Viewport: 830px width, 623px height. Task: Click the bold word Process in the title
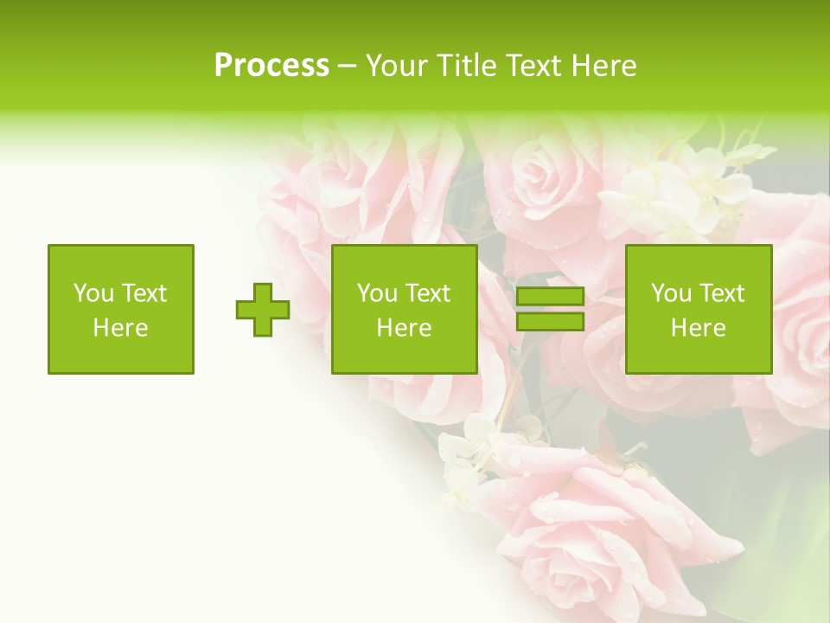(271, 66)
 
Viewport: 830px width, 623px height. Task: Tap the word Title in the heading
(467, 66)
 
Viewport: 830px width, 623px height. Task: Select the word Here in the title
(605, 66)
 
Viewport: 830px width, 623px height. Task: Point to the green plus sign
(263, 310)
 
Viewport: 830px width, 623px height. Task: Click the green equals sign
(550, 310)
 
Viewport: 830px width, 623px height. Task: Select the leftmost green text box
(121, 310)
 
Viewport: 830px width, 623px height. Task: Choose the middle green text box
(405, 310)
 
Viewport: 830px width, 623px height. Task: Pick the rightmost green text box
(699, 310)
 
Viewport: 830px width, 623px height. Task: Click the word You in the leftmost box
(93, 293)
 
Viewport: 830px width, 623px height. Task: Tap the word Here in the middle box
(405, 328)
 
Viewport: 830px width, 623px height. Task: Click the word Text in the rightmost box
(722, 293)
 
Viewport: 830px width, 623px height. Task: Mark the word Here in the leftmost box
(121, 328)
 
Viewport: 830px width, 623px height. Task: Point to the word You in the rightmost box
(670, 293)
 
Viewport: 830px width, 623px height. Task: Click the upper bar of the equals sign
(550, 297)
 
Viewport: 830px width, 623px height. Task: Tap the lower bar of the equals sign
(550, 322)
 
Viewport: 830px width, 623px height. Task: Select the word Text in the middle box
(428, 293)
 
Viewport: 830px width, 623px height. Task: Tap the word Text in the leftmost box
(144, 293)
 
